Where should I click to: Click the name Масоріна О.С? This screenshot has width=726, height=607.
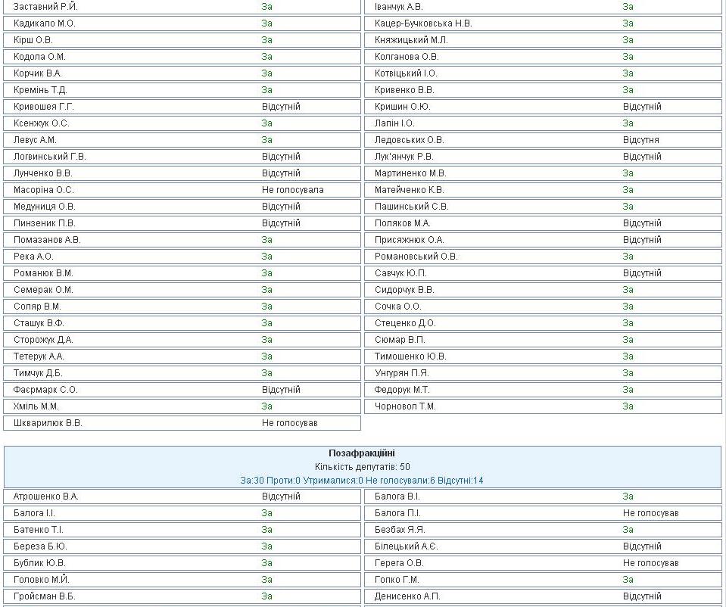[x=43, y=190]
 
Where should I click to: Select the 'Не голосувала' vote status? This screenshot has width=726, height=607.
[x=292, y=190]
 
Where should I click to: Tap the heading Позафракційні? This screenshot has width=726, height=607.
[x=362, y=453]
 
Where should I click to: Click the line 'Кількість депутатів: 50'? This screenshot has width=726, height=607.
[x=362, y=467]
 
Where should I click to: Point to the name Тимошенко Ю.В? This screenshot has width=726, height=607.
[x=410, y=356]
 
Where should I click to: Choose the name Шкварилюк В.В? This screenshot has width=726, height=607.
[x=48, y=423]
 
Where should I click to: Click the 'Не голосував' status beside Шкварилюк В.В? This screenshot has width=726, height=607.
[x=289, y=423]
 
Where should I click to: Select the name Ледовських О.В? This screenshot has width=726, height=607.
[x=409, y=140]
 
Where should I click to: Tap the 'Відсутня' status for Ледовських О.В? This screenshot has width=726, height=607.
[x=640, y=140]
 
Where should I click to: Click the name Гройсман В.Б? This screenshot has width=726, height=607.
[x=44, y=596]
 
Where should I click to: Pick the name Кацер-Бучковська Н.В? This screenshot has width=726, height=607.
[x=423, y=23]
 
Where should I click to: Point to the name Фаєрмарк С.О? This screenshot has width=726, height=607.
[x=45, y=390]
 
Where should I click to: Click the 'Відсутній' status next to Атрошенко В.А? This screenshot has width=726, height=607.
[x=281, y=496]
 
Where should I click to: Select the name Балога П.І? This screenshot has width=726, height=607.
[x=397, y=513]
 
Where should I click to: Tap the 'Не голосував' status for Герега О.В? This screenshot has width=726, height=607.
[x=650, y=563]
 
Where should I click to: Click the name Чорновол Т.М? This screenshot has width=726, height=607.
[x=405, y=406]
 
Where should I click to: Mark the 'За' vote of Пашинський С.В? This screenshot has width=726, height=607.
[x=628, y=207]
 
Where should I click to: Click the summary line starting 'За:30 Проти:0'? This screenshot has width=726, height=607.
[x=362, y=480]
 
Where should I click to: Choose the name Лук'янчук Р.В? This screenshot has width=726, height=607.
[x=404, y=157]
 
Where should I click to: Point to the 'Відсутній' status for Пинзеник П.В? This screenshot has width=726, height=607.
[x=281, y=223]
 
